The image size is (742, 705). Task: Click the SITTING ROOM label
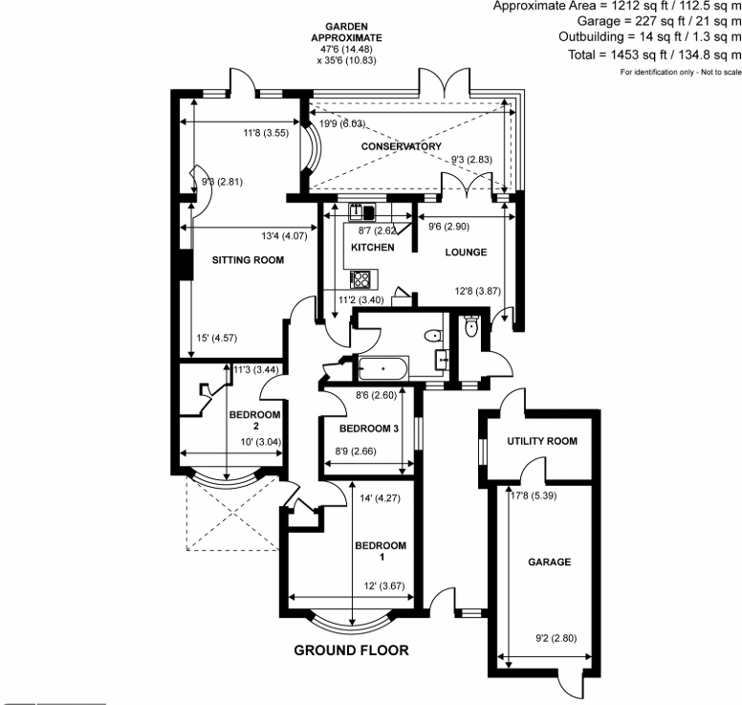pos(248,260)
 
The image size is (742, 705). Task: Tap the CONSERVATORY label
pos(401,146)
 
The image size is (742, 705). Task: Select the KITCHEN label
pos(372,248)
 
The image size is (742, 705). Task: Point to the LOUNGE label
pos(467,253)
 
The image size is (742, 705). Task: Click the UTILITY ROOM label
pos(542,441)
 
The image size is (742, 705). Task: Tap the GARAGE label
pos(549,562)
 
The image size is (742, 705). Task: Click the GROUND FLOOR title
pos(351,650)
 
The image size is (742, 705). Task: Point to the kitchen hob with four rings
pos(362,279)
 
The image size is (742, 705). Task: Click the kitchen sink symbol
pos(361,213)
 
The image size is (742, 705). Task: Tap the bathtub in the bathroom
pos(382,366)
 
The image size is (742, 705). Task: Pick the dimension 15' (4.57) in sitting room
pos(217,338)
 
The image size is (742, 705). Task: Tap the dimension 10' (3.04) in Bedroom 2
pos(255,442)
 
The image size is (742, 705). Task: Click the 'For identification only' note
pos(680,73)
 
